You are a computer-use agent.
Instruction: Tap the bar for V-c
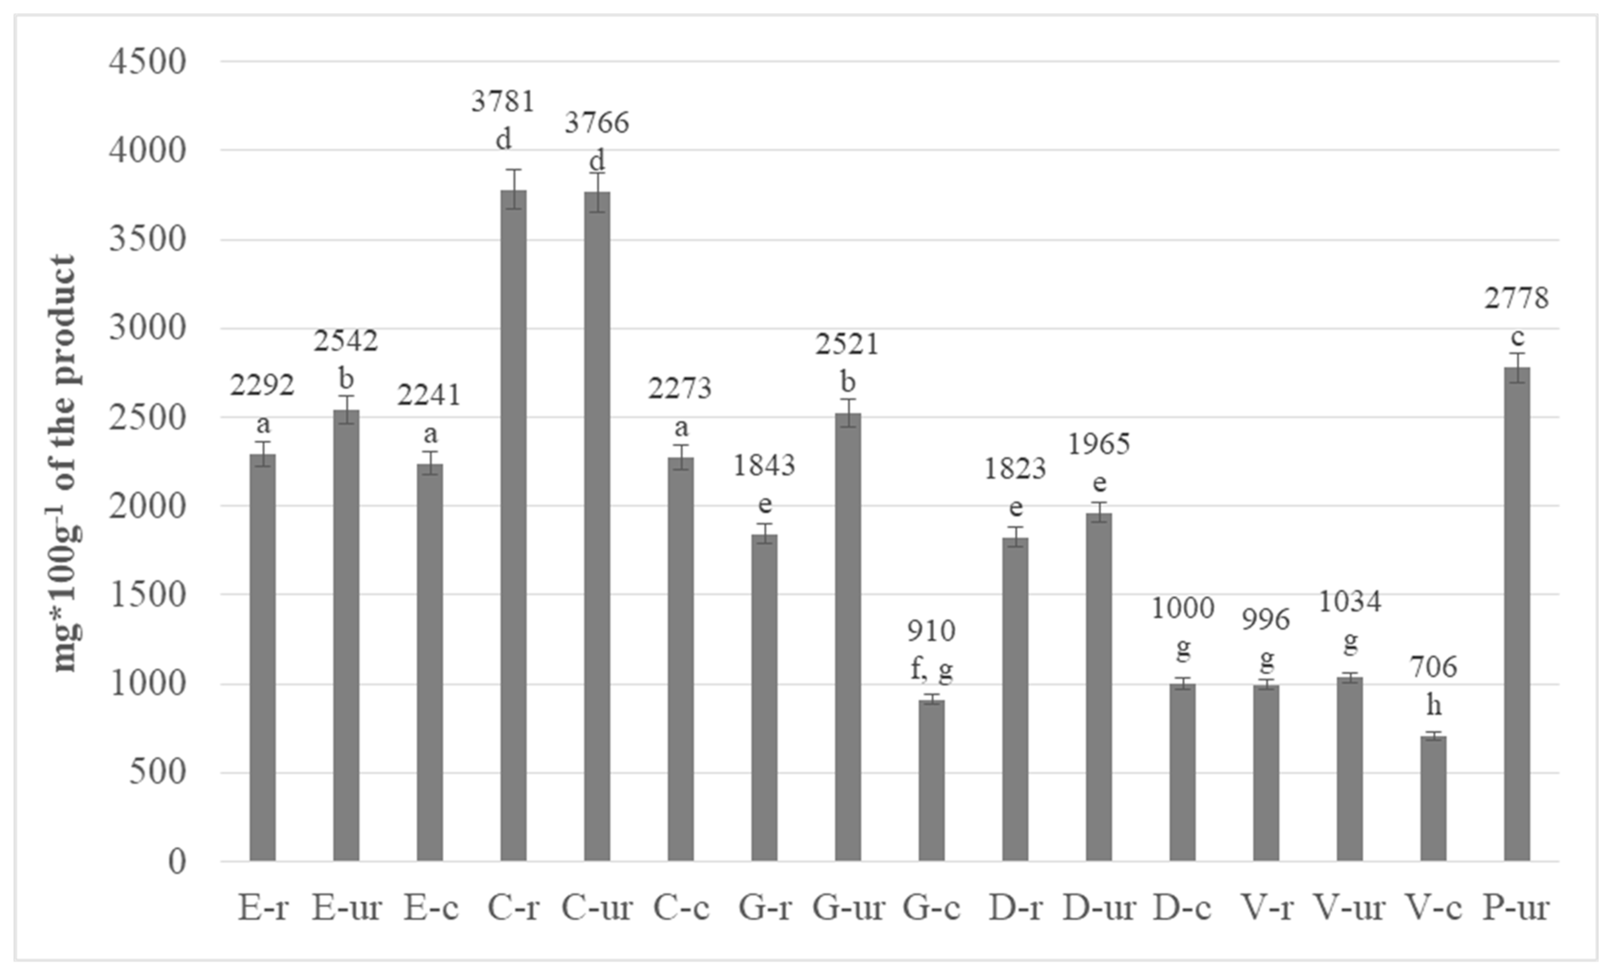[x=1434, y=799]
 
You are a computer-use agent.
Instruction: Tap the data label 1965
[x=1099, y=444]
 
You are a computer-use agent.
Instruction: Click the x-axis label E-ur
[x=346, y=908]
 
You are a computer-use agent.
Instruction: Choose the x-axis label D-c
[x=1182, y=908]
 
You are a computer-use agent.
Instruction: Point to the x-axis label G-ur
[x=848, y=908]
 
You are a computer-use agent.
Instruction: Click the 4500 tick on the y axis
[x=148, y=62]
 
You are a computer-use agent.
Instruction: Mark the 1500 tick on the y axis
[x=148, y=595]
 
